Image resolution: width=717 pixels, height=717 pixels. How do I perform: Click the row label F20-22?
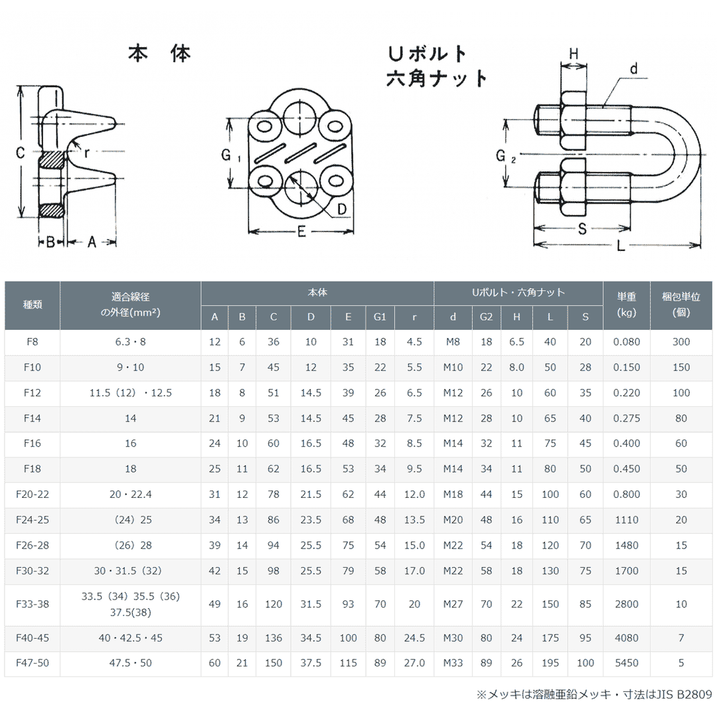tap(32, 495)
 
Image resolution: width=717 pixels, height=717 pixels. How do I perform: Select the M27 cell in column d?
tap(453, 604)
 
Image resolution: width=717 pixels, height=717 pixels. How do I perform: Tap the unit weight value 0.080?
tap(627, 342)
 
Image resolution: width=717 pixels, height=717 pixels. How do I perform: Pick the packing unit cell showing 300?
tap(681, 342)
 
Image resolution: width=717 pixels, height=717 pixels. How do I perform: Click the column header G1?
tap(380, 317)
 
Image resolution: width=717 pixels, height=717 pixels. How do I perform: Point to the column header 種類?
tap(32, 305)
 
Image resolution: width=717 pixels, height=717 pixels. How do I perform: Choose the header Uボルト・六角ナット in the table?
tap(518, 292)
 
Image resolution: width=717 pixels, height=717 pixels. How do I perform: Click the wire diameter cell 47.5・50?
tap(130, 663)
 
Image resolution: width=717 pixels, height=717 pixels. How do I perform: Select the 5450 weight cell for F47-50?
tap(627, 663)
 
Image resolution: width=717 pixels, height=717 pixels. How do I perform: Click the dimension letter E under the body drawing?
tap(301, 232)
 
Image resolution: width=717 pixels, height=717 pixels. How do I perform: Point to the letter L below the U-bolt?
tap(620, 246)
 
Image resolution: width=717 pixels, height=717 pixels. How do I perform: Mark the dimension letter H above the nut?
tap(574, 53)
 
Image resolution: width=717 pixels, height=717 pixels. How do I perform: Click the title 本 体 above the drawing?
tap(159, 54)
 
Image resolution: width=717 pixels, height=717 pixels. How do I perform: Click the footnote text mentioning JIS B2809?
tap(594, 694)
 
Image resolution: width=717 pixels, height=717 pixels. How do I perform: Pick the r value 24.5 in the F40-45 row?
tap(414, 638)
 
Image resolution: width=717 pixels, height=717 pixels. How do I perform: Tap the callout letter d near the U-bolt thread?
tap(633, 69)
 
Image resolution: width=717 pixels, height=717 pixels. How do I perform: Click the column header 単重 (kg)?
tap(627, 305)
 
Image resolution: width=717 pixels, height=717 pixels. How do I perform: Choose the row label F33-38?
tap(32, 604)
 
